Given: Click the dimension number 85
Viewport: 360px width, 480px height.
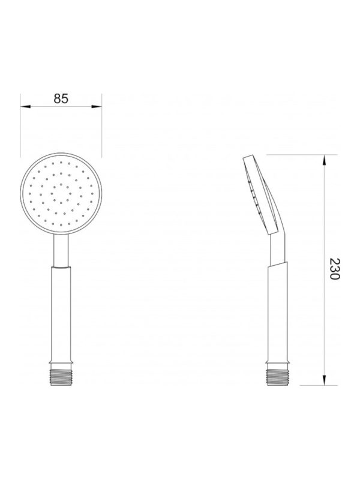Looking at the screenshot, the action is click(61, 98).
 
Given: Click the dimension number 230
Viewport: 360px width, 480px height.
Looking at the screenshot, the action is click(335, 269).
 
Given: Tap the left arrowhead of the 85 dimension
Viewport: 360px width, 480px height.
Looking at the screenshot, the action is click(25, 107).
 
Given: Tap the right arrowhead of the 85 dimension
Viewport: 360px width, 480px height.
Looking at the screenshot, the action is click(97, 107).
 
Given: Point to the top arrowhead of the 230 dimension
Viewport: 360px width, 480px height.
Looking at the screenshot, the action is click(325, 160).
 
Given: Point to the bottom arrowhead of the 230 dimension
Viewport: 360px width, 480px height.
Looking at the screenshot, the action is click(325, 380).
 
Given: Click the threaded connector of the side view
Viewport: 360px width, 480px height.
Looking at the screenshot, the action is click(277, 377).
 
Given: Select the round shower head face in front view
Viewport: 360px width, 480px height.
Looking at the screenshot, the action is click(61, 193).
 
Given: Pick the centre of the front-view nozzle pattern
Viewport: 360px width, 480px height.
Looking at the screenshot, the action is click(61, 193).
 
